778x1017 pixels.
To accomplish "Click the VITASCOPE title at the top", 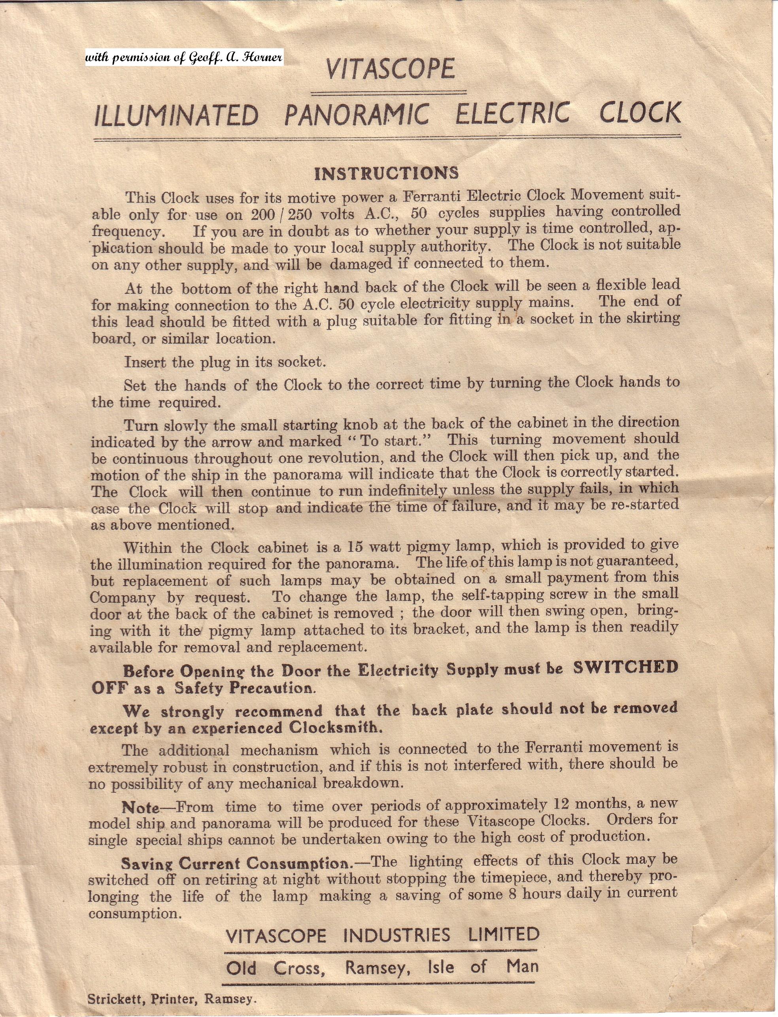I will (x=389, y=70).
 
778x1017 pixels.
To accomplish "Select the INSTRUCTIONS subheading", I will (x=386, y=173).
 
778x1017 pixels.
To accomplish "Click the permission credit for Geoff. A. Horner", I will (x=183, y=57).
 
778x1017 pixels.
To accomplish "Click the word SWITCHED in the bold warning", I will (x=625, y=667).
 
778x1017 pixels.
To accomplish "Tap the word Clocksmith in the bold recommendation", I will (x=335, y=727).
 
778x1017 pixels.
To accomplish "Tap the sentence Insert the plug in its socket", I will (x=225, y=362).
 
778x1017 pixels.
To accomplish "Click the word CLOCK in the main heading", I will (x=640, y=113).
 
